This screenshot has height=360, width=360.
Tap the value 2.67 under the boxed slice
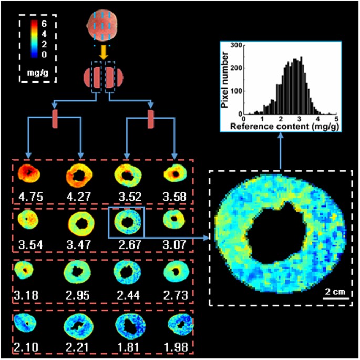pos(127,243)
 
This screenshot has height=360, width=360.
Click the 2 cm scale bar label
pos(334,292)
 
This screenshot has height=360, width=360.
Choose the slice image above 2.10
pos(26,325)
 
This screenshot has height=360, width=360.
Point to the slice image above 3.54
pos(27,219)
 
